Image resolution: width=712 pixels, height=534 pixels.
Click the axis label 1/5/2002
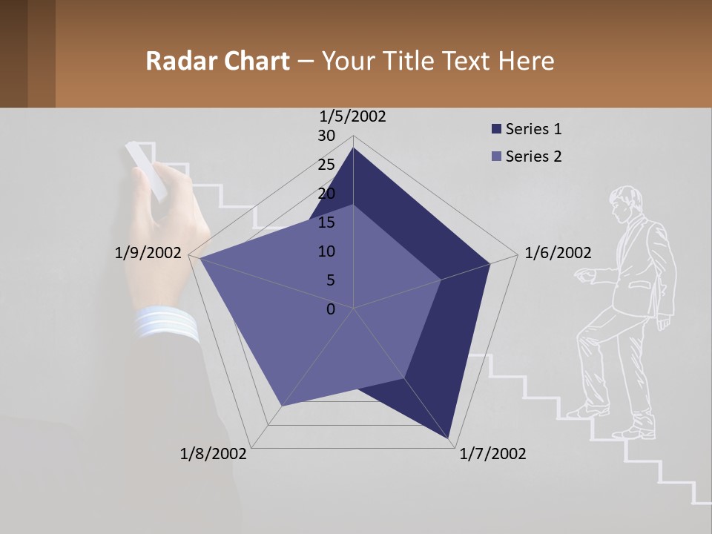click(x=353, y=116)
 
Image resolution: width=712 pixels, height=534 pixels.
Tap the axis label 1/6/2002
click(x=558, y=253)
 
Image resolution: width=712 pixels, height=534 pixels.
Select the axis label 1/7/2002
click(x=492, y=454)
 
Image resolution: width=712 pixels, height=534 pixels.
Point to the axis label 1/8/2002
click(x=214, y=454)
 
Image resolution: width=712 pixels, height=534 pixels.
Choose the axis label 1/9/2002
click(x=148, y=253)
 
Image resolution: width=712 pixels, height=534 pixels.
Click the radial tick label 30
click(x=326, y=136)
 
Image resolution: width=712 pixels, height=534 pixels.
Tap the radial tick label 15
click(x=326, y=222)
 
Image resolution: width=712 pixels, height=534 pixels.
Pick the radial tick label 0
click(x=331, y=309)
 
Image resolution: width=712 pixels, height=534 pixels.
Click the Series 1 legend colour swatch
click(x=496, y=130)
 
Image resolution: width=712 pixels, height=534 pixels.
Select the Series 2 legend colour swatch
click(x=496, y=156)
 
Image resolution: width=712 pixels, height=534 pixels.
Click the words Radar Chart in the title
click(x=217, y=61)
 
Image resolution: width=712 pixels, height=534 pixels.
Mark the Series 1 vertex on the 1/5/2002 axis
click(x=353, y=148)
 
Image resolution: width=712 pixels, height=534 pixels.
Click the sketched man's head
click(x=626, y=203)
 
